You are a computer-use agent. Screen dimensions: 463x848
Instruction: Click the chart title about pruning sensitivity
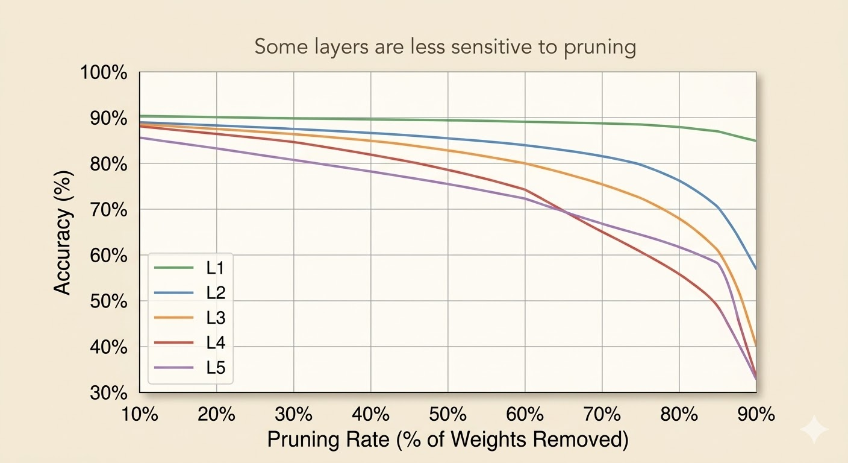tap(445, 47)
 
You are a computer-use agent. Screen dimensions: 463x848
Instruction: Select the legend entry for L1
tap(215, 268)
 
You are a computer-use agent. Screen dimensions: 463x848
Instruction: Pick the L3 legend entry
tap(215, 318)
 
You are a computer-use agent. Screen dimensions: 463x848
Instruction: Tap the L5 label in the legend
tap(215, 367)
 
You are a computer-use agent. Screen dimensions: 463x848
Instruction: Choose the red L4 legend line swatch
tap(174, 342)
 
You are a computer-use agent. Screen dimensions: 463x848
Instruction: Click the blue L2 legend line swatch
tap(174, 293)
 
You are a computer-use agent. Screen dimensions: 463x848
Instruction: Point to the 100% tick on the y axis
tap(104, 73)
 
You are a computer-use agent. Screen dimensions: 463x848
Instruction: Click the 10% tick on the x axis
tap(140, 415)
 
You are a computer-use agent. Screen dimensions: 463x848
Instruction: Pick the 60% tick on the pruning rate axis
tap(525, 415)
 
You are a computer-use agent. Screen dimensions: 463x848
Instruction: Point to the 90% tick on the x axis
tap(756, 415)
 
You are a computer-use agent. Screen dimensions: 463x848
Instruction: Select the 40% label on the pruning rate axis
tap(371, 415)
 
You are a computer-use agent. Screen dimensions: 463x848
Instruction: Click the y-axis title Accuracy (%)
tap(63, 232)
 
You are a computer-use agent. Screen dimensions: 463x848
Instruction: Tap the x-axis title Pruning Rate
tap(447, 440)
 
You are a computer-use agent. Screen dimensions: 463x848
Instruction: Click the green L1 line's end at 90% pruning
tap(755, 140)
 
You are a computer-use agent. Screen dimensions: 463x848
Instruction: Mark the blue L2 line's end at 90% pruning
tap(755, 268)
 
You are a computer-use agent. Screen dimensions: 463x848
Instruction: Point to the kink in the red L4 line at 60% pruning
tap(525, 189)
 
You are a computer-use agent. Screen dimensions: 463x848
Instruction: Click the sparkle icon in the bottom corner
tap(814, 429)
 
